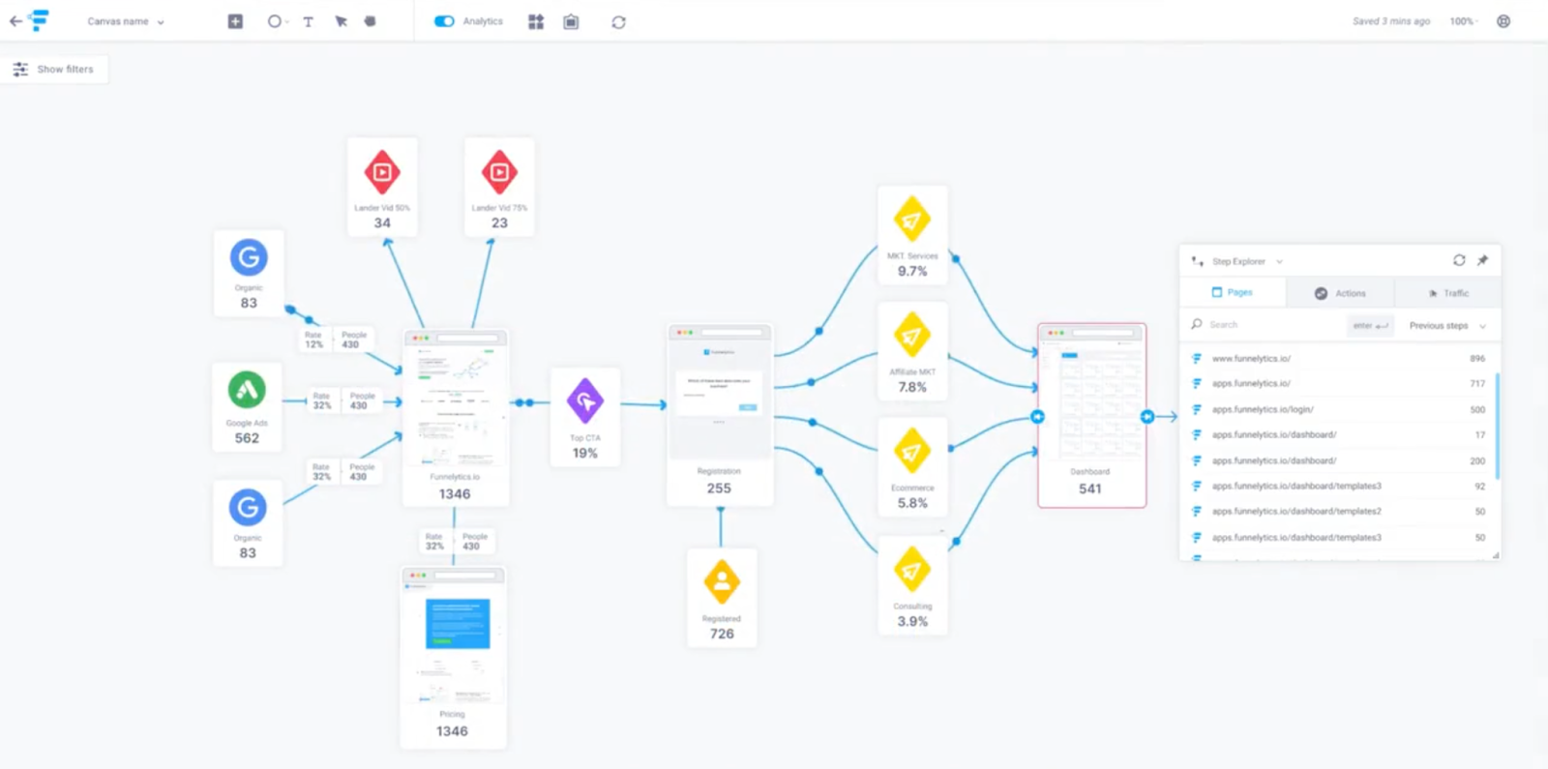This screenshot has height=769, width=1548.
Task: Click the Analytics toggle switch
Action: pos(444,21)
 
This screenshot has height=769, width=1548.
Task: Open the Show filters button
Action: pos(54,70)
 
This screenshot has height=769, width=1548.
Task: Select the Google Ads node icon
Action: pos(247,390)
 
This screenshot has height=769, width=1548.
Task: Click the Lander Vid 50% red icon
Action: pos(382,172)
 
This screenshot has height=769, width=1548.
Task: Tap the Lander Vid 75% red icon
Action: pos(499,172)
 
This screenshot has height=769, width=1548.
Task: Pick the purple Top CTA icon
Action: pos(585,400)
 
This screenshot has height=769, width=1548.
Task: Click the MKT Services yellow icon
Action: pos(911,220)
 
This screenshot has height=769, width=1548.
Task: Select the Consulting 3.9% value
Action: pos(912,622)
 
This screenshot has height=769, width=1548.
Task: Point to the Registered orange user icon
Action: pos(722,581)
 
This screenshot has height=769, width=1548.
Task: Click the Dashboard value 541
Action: pos(1090,489)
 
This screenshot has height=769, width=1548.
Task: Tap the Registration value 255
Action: pos(719,488)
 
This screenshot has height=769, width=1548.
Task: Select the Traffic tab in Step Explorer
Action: pos(1448,293)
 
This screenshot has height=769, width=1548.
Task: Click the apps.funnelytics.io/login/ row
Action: pos(1263,410)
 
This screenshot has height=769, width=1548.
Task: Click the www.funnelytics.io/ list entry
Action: pos(1251,359)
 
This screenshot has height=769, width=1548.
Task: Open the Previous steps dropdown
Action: pos(1447,326)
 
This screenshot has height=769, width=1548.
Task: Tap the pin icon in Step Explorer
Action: pos(1482,260)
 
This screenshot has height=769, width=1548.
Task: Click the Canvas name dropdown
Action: pos(126,21)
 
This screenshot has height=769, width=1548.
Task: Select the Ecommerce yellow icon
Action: pos(911,452)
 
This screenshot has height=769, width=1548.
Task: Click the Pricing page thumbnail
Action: pos(454,637)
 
